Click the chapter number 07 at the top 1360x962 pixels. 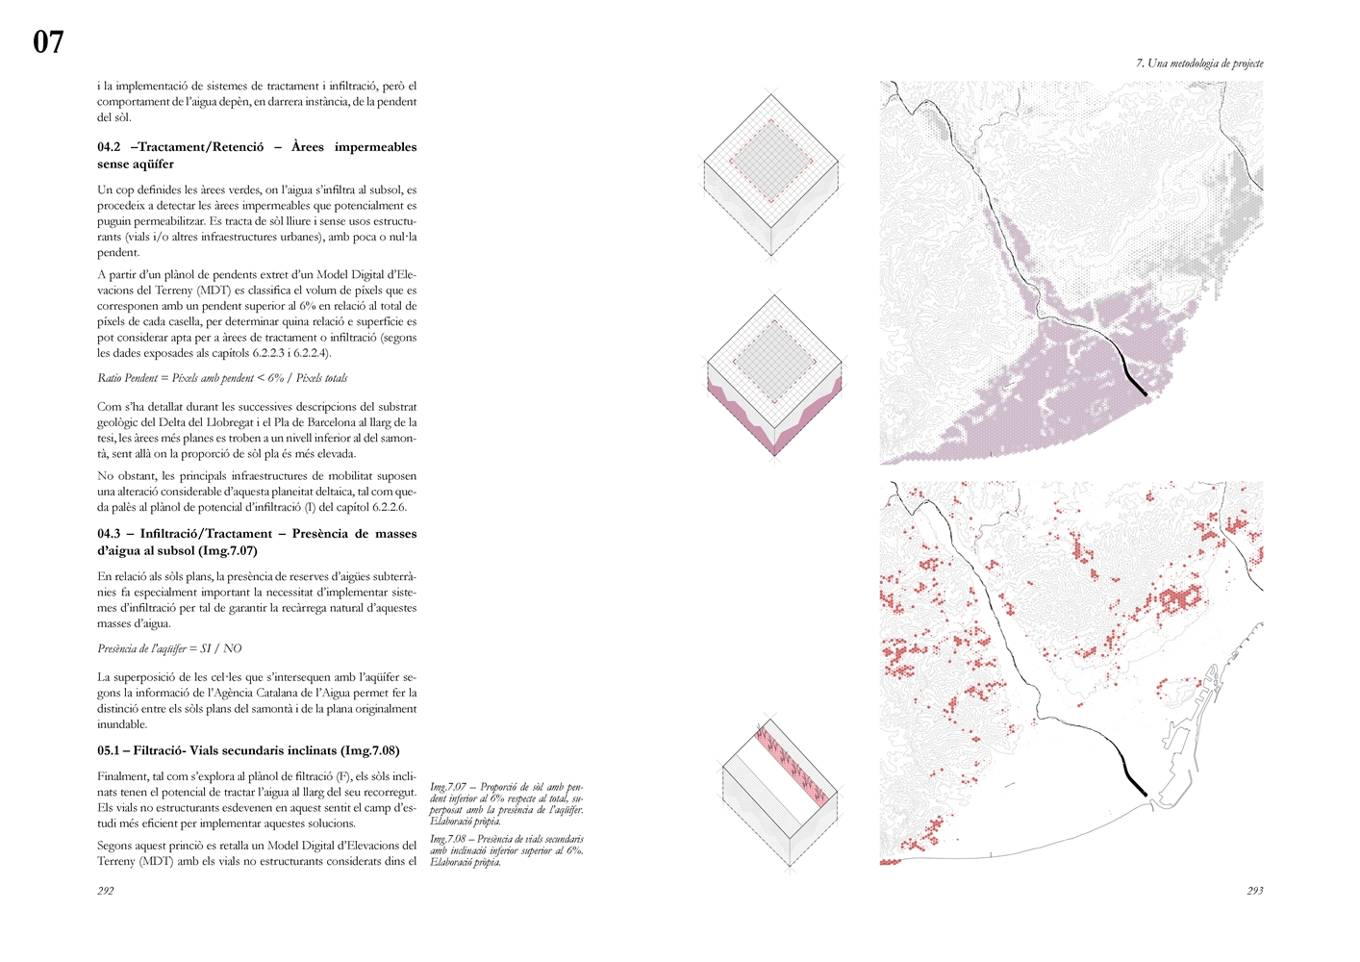pyautogui.click(x=48, y=41)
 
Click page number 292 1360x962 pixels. pyautogui.click(x=106, y=891)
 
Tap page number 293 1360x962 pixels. pyautogui.click(x=1254, y=891)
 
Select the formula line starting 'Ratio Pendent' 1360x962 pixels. pyautogui.click(x=222, y=378)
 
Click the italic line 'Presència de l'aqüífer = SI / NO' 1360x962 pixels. pyautogui.click(x=169, y=648)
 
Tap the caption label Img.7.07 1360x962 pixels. pyautogui.click(x=448, y=787)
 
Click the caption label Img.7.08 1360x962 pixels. pyautogui.click(x=448, y=839)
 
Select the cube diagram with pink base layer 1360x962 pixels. pyautogui.click(x=775, y=376)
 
